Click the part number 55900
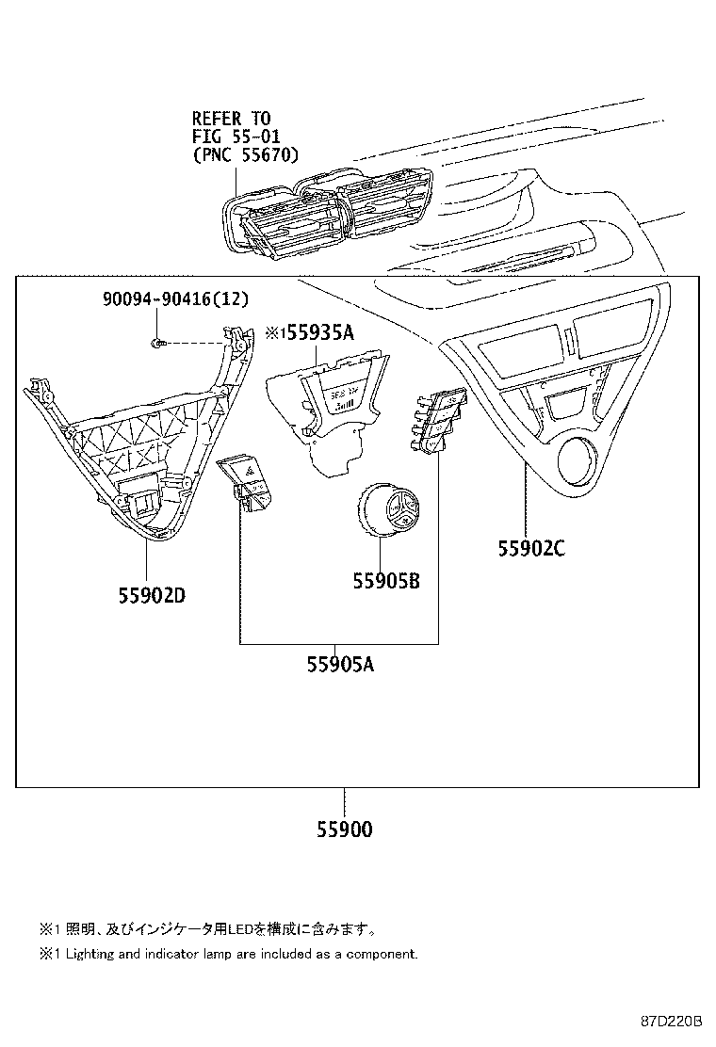click(344, 830)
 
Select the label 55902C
click(531, 548)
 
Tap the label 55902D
click(152, 596)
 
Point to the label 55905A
click(340, 665)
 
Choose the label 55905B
click(386, 581)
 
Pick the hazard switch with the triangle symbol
click(245, 482)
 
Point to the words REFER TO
click(231, 119)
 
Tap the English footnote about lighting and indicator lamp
click(228, 954)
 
